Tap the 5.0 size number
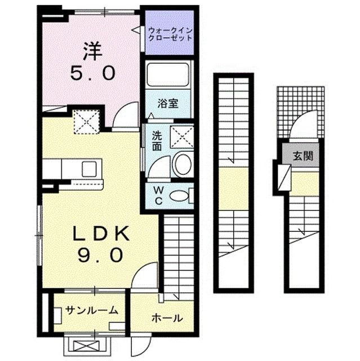pos(93,73)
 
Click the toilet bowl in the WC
pos(179,196)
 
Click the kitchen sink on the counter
pos(90,168)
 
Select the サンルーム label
pos(91,310)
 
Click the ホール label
pos(167,318)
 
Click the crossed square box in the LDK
pos(87,121)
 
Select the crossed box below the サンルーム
pos(81,345)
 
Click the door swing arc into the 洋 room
pos(125,116)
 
